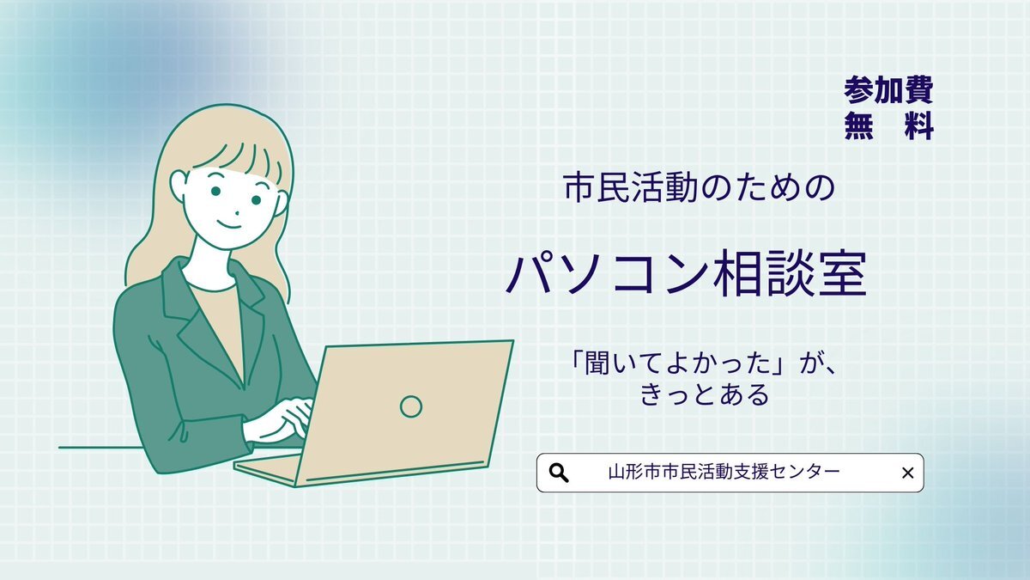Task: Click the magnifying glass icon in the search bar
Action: coord(559,473)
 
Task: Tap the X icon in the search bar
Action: coord(908,473)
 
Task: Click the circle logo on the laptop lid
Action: coord(410,406)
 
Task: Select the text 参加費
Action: coord(888,90)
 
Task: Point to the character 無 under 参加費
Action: coord(858,125)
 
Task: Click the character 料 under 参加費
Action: coord(919,125)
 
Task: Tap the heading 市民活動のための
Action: coord(699,188)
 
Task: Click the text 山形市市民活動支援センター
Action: coord(724,472)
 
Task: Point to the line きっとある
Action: coord(705,395)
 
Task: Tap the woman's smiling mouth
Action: coord(229,224)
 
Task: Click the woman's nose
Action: coord(237,214)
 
